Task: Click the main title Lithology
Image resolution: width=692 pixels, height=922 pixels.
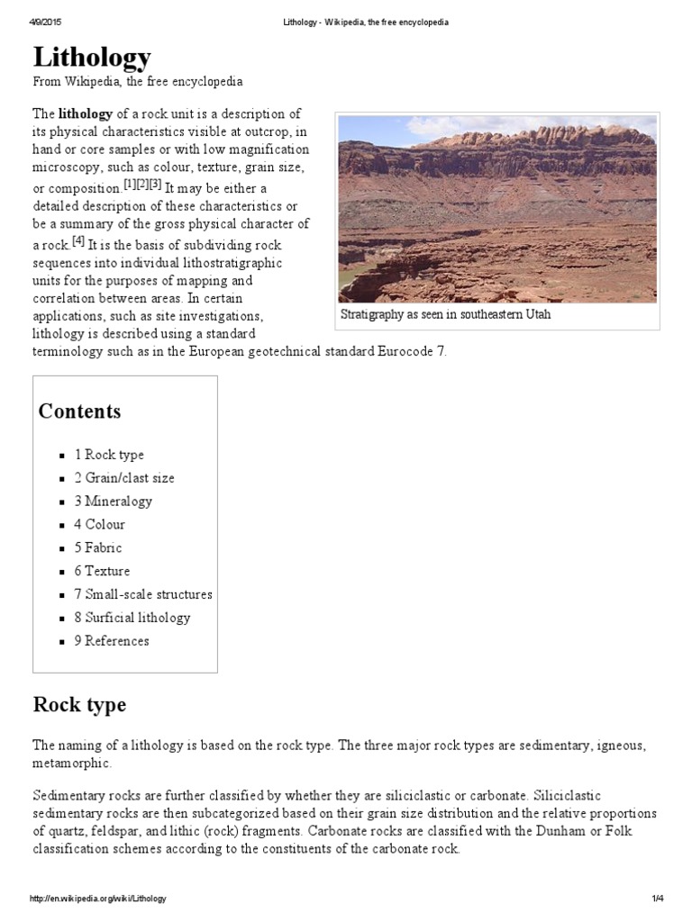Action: click(92, 58)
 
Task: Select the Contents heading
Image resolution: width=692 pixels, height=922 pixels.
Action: click(79, 411)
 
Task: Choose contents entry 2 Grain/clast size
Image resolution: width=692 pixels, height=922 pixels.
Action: click(123, 478)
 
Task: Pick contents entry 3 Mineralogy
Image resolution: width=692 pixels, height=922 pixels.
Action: click(113, 502)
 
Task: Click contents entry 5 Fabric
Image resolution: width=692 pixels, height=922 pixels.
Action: click(97, 548)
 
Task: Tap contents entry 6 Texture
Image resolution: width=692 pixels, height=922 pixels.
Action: click(101, 572)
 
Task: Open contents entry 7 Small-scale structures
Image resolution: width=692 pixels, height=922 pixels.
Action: click(142, 595)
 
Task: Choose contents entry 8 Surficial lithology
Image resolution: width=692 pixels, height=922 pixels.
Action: click(132, 619)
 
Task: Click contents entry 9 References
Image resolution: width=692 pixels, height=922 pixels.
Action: click(111, 642)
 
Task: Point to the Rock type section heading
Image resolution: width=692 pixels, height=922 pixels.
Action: click(79, 704)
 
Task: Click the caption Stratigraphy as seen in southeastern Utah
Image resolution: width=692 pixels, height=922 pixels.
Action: click(445, 315)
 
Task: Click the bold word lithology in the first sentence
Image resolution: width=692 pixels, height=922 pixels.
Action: click(86, 114)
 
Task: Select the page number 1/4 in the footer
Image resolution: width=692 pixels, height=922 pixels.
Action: click(657, 899)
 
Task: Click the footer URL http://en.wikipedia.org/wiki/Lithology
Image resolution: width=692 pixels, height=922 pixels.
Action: click(98, 899)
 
